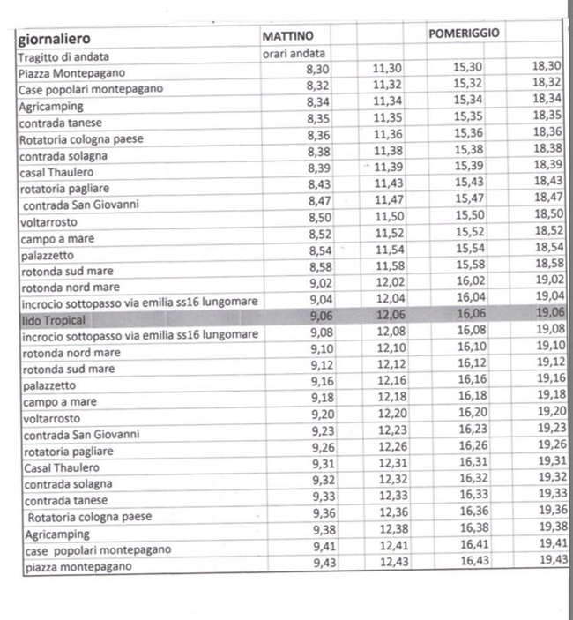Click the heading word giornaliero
[53, 39]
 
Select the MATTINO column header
[288, 36]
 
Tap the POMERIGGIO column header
[464, 34]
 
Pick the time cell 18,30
[547, 65]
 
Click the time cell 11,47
[388, 200]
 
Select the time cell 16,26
[473, 445]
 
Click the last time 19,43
[553, 560]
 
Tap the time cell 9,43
[327, 564]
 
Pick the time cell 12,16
[392, 381]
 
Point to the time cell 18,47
[547, 197]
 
